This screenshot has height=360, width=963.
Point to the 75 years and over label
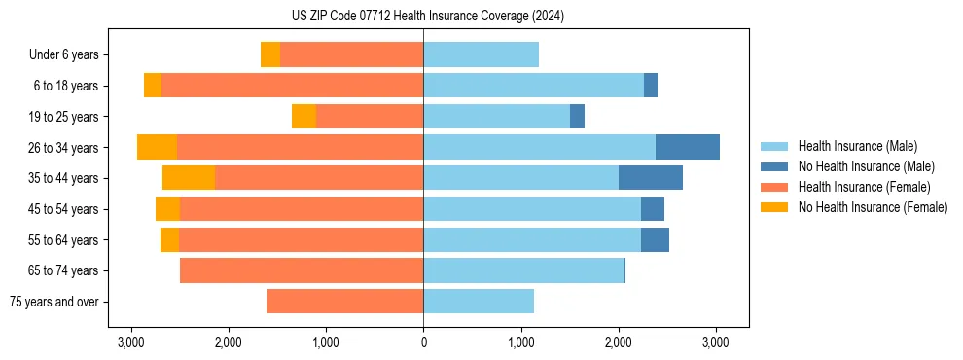point(53,302)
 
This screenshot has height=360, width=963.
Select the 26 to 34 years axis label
point(63,148)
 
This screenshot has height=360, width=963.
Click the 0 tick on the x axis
point(423,342)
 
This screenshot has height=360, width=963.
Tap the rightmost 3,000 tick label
point(716,342)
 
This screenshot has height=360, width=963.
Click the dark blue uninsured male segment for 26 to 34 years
point(688,147)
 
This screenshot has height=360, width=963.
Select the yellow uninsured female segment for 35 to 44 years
point(189,178)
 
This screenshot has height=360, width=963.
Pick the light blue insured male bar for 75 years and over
point(479,302)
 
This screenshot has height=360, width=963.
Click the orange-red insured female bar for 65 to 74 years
point(302,270)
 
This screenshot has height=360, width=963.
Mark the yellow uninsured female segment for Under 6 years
point(270,55)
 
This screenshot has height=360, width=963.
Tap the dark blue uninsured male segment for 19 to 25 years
point(577,117)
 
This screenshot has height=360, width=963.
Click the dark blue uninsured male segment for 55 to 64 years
point(655,240)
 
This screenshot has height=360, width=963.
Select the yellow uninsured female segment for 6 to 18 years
point(153,86)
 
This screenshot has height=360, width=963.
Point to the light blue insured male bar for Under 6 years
point(481,55)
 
